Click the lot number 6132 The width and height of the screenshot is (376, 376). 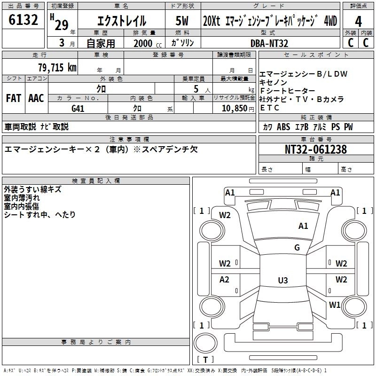[x=23, y=20]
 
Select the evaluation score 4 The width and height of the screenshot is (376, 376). [x=358, y=21]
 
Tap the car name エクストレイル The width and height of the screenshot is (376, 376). [x=122, y=21]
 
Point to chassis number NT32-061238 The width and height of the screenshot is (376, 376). [x=316, y=149]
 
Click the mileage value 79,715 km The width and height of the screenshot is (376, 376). [x=57, y=68]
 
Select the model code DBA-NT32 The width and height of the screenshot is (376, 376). [x=269, y=43]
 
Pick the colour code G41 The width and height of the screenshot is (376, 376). [x=78, y=108]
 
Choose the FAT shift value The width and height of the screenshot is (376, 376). [x=13, y=98]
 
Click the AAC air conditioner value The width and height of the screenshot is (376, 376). [x=36, y=98]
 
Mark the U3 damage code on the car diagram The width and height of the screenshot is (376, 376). [x=282, y=280]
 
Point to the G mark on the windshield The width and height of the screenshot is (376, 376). [x=297, y=248]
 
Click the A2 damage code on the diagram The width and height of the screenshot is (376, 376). [x=225, y=280]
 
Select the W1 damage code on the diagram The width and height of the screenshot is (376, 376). [x=335, y=305]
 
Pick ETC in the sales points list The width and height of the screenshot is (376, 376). [x=270, y=108]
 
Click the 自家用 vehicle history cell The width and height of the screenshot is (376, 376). [x=100, y=43]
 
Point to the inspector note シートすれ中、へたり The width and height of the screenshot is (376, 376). [x=39, y=214]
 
